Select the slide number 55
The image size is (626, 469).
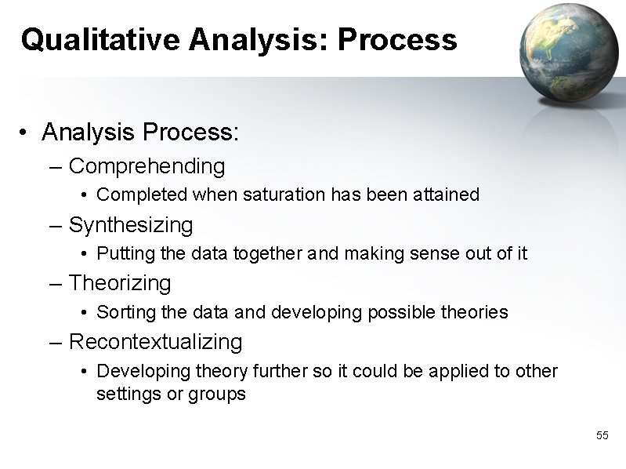click(x=602, y=435)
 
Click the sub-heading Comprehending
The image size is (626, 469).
click(x=147, y=166)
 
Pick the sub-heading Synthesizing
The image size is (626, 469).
click(x=131, y=225)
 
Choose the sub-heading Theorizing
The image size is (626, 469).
click(x=120, y=282)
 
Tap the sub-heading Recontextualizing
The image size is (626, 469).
click(x=155, y=342)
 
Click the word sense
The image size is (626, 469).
click(x=428, y=253)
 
